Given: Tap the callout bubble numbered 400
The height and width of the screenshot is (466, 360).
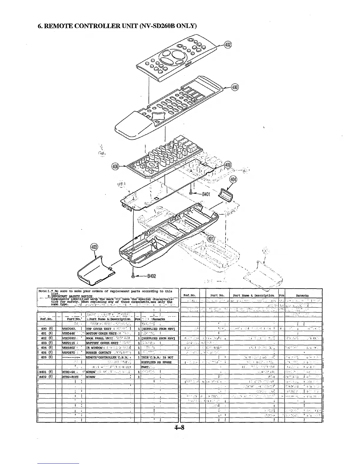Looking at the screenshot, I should point(235,87).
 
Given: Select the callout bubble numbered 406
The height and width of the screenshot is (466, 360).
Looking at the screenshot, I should point(116,167).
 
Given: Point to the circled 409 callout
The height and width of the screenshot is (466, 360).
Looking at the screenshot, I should point(228,165).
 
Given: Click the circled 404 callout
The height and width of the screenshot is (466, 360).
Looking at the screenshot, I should point(234,179).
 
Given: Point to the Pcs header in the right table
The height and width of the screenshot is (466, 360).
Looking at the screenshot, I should point(281,295).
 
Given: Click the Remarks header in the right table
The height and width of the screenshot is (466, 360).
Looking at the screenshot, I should point(302,295).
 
